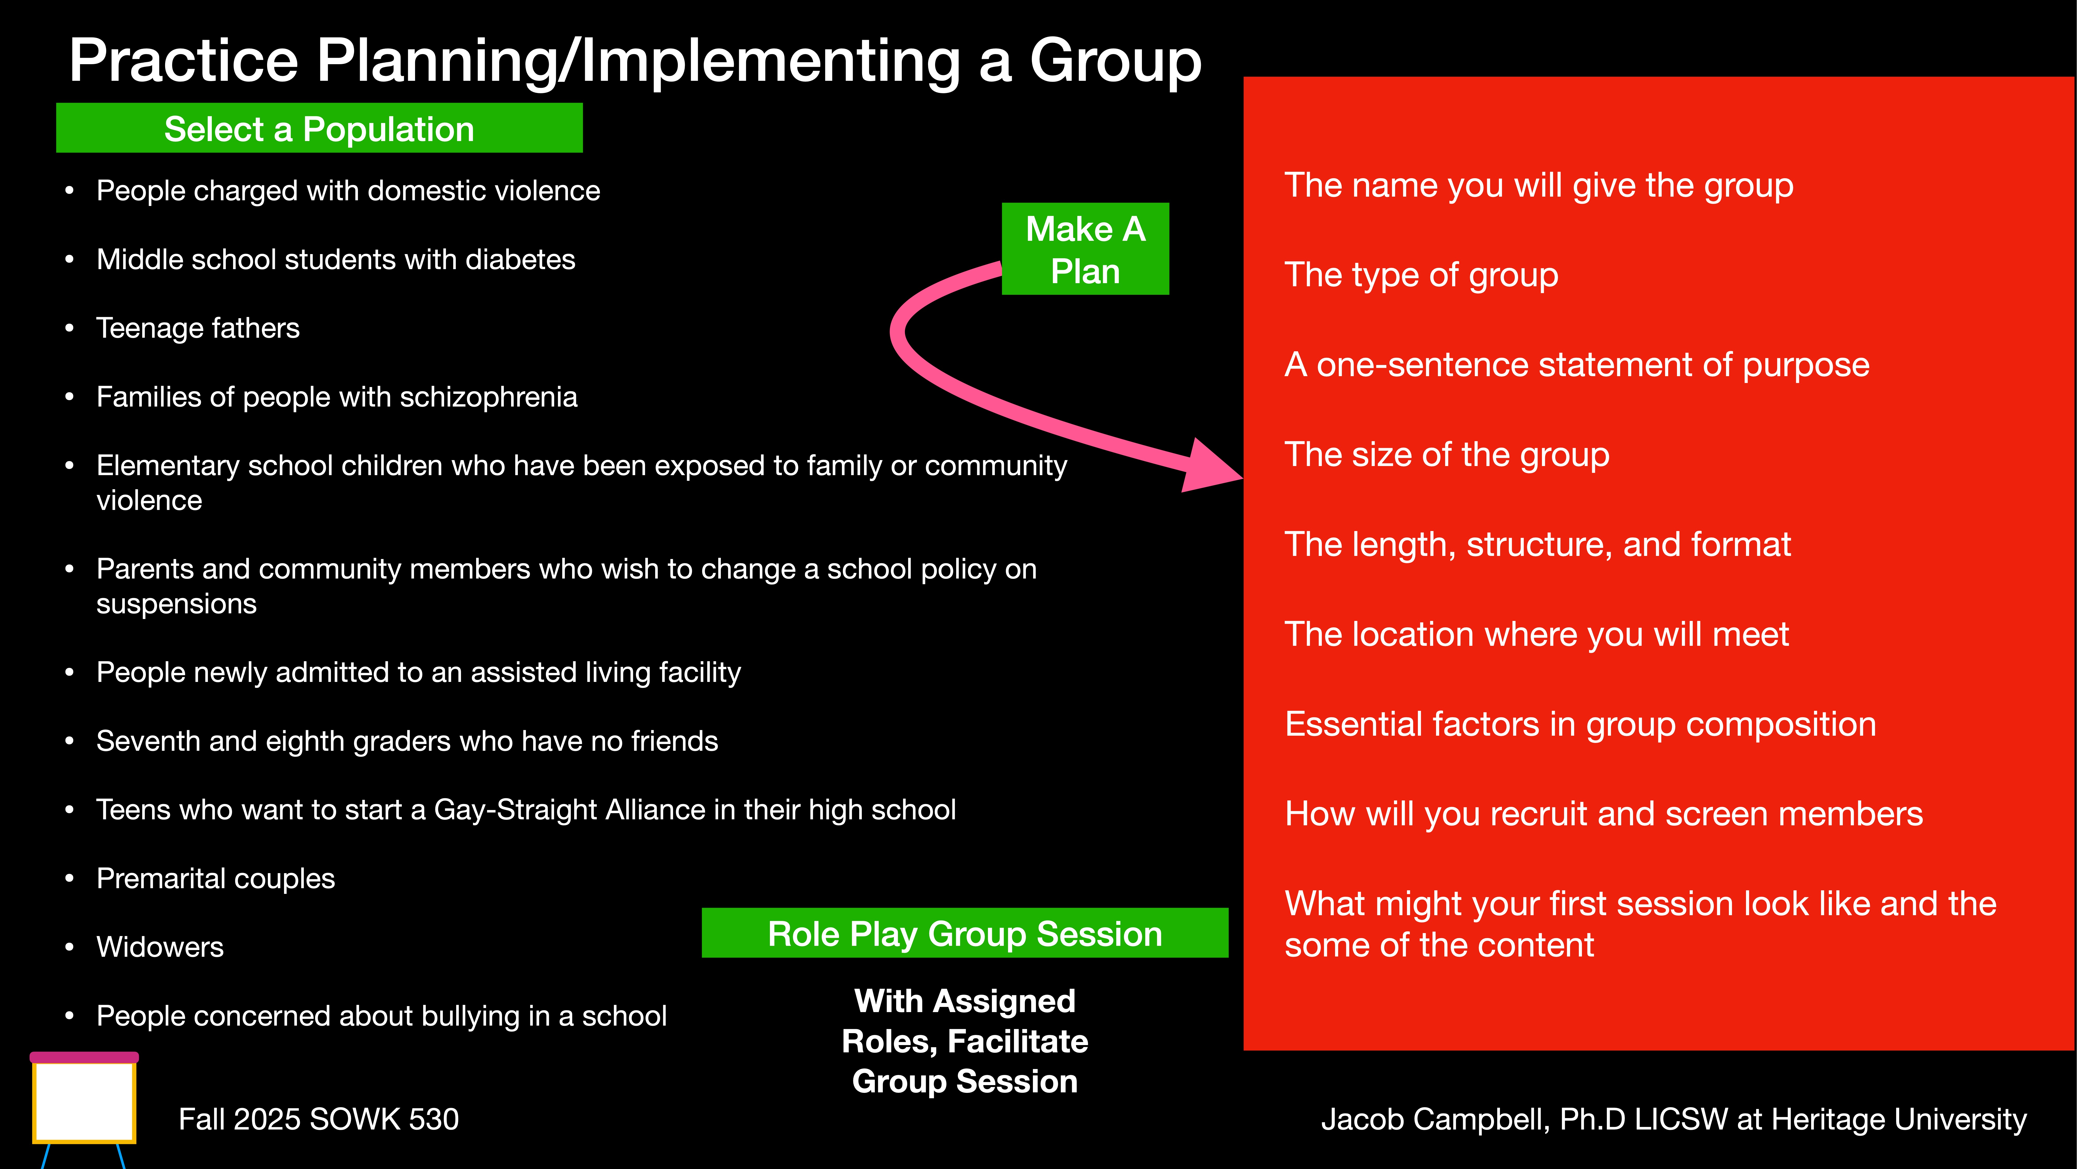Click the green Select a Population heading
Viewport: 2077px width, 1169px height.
(319, 129)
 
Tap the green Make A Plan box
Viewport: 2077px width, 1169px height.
(1085, 249)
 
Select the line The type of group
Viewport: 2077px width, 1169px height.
(1421, 275)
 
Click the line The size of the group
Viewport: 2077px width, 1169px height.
(1446, 455)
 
